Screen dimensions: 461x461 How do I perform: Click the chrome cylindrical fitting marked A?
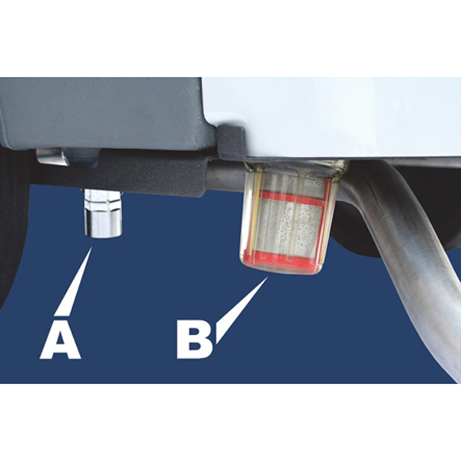pyautogui.click(x=103, y=214)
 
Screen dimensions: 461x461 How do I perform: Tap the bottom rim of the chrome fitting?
pyautogui.click(x=103, y=234)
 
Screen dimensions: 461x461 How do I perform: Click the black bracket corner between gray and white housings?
pyautogui.click(x=232, y=141)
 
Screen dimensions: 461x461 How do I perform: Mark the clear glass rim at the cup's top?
pyautogui.click(x=297, y=167)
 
